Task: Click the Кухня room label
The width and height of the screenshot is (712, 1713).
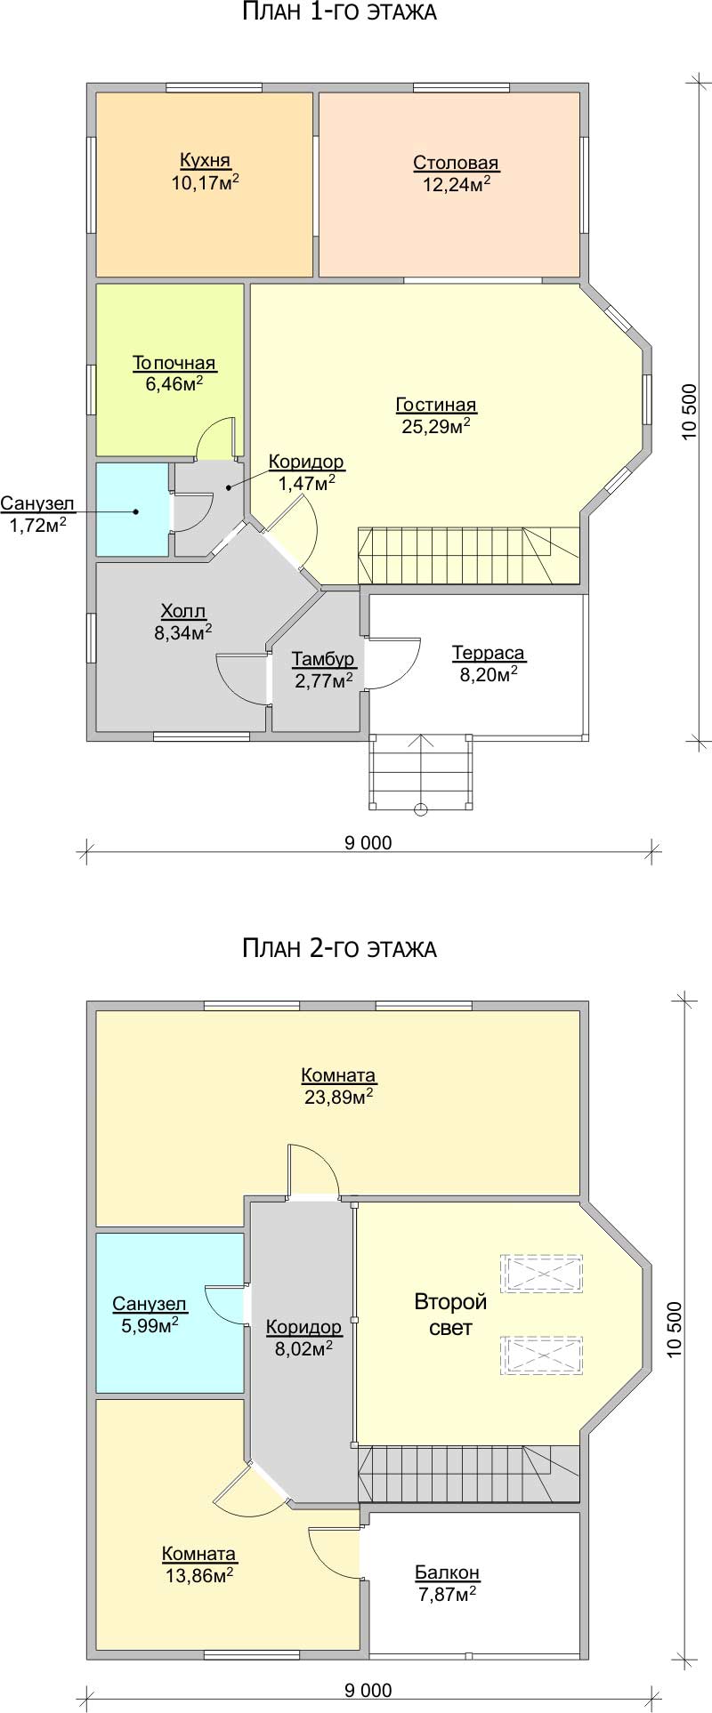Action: tap(205, 161)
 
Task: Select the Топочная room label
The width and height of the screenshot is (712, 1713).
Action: tap(174, 363)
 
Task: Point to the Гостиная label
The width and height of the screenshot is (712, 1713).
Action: tap(436, 406)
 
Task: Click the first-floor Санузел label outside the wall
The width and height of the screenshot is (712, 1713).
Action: tap(37, 504)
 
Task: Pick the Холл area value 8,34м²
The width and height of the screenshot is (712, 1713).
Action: tap(182, 632)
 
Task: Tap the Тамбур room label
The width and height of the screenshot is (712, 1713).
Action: tap(323, 659)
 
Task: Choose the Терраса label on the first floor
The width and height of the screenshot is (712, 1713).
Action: tap(489, 654)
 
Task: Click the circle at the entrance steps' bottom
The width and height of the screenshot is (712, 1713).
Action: tap(421, 809)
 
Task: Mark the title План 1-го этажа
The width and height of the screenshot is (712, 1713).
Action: tap(338, 13)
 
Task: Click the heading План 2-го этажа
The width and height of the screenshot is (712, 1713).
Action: tap(339, 948)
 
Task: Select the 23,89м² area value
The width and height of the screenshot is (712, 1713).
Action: tap(338, 1097)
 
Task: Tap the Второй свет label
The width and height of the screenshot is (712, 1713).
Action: tap(451, 1315)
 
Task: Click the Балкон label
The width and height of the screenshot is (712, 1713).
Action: tap(448, 1572)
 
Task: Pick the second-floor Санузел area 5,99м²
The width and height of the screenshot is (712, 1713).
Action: tap(150, 1324)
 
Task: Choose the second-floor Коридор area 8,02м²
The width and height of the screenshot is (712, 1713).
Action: tap(303, 1347)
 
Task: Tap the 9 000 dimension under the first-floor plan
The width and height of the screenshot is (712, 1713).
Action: tap(368, 842)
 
